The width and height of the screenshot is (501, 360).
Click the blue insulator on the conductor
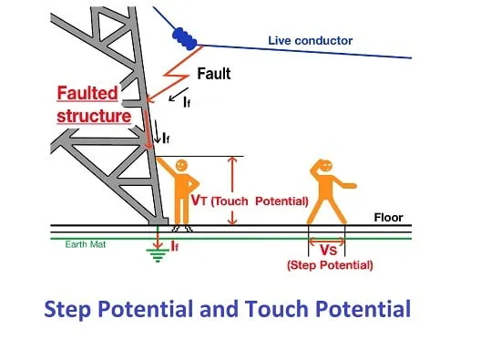click(x=185, y=38)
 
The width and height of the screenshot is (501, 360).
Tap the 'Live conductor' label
click(x=311, y=41)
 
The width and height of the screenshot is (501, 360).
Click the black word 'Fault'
click(x=214, y=74)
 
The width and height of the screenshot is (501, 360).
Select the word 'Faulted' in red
click(x=87, y=93)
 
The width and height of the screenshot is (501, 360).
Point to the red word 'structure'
click(x=94, y=116)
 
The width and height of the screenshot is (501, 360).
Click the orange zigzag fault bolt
click(x=175, y=74)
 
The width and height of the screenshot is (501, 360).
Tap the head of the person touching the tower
click(x=181, y=165)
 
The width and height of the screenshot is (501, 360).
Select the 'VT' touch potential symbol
click(x=199, y=200)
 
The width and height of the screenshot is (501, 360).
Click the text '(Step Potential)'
click(x=330, y=265)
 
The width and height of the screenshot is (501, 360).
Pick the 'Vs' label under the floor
click(x=329, y=250)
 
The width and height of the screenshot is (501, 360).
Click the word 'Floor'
click(x=389, y=218)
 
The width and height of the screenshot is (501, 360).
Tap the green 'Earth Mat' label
click(x=86, y=244)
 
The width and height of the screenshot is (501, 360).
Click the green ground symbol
click(x=158, y=255)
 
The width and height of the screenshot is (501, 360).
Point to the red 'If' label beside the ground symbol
click(x=175, y=246)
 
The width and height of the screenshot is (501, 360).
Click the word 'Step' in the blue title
click(x=67, y=310)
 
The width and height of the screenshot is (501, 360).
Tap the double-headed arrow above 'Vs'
click(x=327, y=241)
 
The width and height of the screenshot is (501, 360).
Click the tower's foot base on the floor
click(x=158, y=221)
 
